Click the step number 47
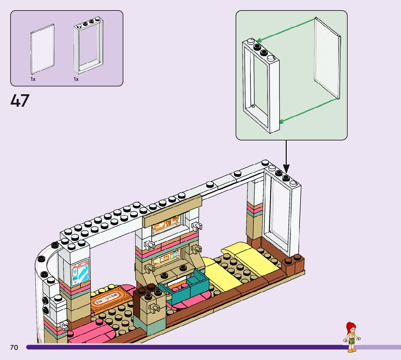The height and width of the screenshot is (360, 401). click(20, 101)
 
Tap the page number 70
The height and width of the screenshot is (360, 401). click(14, 348)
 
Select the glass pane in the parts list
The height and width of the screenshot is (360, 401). click(43, 49)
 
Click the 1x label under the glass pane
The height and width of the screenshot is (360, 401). click(33, 79)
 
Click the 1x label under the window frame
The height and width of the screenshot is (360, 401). click(76, 79)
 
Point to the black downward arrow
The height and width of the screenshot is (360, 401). click(286, 156)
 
